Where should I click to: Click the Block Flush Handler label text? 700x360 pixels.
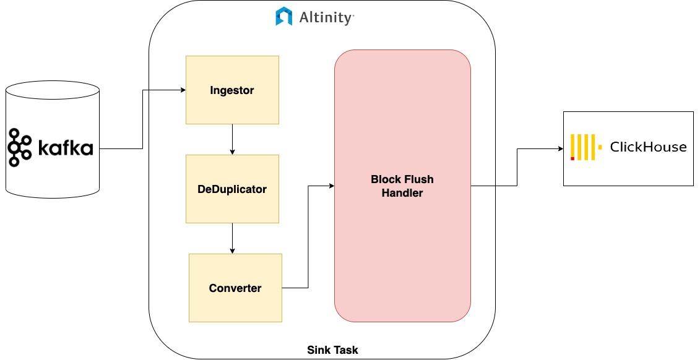point(402,186)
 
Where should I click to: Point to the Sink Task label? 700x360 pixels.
point(332,350)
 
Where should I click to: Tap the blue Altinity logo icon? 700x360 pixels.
point(284,17)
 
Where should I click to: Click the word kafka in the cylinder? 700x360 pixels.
point(66,148)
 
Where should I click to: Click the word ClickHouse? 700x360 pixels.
point(648,147)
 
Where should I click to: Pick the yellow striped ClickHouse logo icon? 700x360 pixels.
point(585,147)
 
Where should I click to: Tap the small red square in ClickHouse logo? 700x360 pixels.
point(573,158)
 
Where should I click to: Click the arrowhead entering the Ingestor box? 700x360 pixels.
point(183,90)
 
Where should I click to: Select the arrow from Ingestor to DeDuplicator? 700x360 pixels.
point(232,140)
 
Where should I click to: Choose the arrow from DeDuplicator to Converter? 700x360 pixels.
point(232,239)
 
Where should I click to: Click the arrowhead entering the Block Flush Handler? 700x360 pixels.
point(331,186)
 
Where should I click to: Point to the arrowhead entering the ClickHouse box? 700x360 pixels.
point(560,149)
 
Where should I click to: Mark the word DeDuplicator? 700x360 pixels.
point(232,189)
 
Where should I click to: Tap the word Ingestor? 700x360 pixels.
point(232,90)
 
